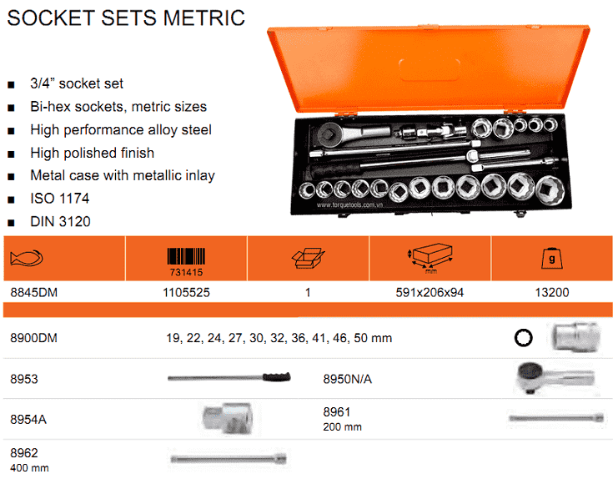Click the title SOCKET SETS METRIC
126,18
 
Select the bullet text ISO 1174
59,199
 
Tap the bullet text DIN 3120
60,222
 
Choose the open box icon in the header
308,259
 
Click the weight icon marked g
551,259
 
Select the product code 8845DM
33,293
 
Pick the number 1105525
186,293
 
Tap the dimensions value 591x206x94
430,293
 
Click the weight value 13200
551,293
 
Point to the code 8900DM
33,338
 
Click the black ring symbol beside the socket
523,338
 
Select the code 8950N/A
347,379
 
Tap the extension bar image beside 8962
229,458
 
